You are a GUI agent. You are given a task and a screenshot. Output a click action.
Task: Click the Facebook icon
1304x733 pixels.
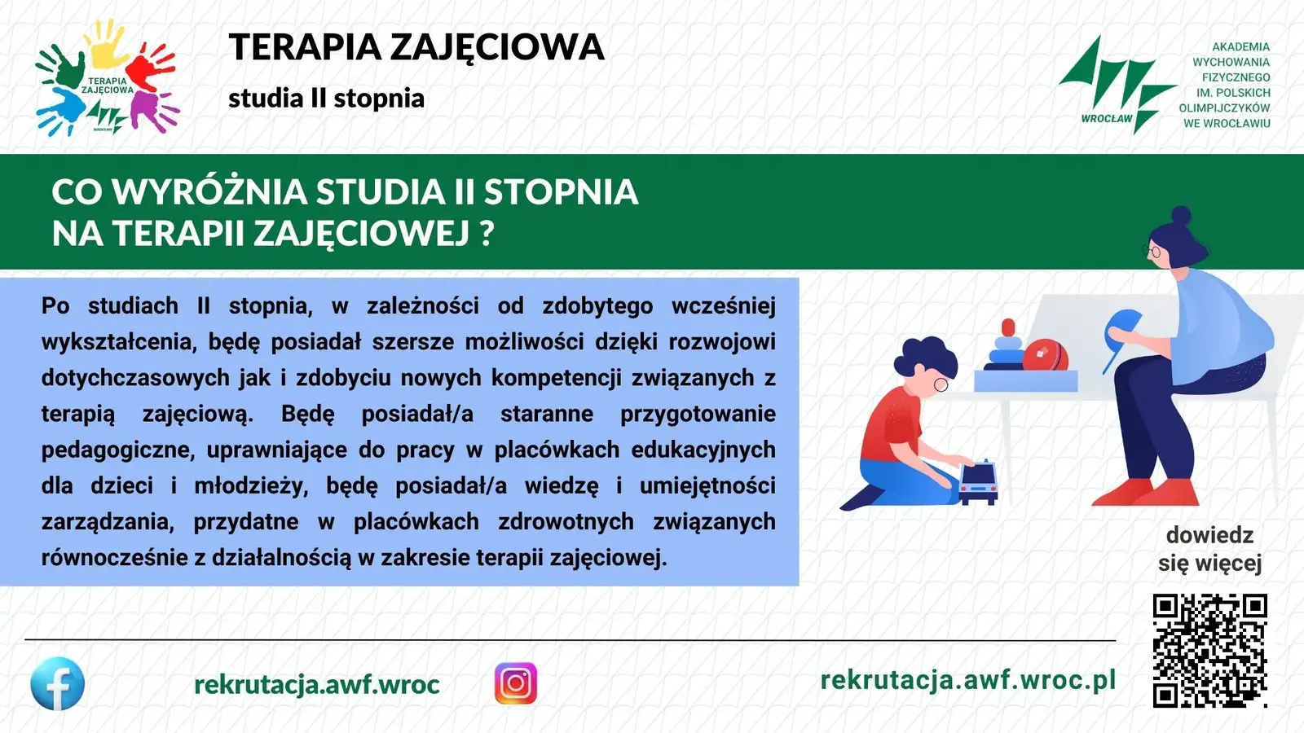pos(57,683)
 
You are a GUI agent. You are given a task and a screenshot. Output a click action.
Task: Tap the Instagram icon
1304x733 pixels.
pos(516,683)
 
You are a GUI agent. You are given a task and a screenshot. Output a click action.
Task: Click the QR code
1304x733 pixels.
pos(1209,651)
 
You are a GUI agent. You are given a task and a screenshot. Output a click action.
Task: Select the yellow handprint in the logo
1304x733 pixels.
pos(106,44)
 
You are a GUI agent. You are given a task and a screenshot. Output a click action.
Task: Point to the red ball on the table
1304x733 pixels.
pos(1046,356)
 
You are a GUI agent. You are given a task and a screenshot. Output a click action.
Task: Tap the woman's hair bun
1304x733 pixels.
pos(1181,215)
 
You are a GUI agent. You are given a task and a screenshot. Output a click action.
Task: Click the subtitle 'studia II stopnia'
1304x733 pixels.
pos(326,98)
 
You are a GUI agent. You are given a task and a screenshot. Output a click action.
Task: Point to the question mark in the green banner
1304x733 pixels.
pos(488,233)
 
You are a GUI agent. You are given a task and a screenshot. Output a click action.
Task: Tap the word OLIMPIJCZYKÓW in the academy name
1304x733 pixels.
pos(1224,108)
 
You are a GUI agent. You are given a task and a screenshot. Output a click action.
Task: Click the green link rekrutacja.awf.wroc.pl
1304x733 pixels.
pos(968,679)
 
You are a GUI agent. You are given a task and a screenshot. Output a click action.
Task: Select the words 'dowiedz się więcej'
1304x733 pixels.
pos(1209,549)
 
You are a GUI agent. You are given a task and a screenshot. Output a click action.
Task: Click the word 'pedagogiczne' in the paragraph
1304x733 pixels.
pos(117,450)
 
